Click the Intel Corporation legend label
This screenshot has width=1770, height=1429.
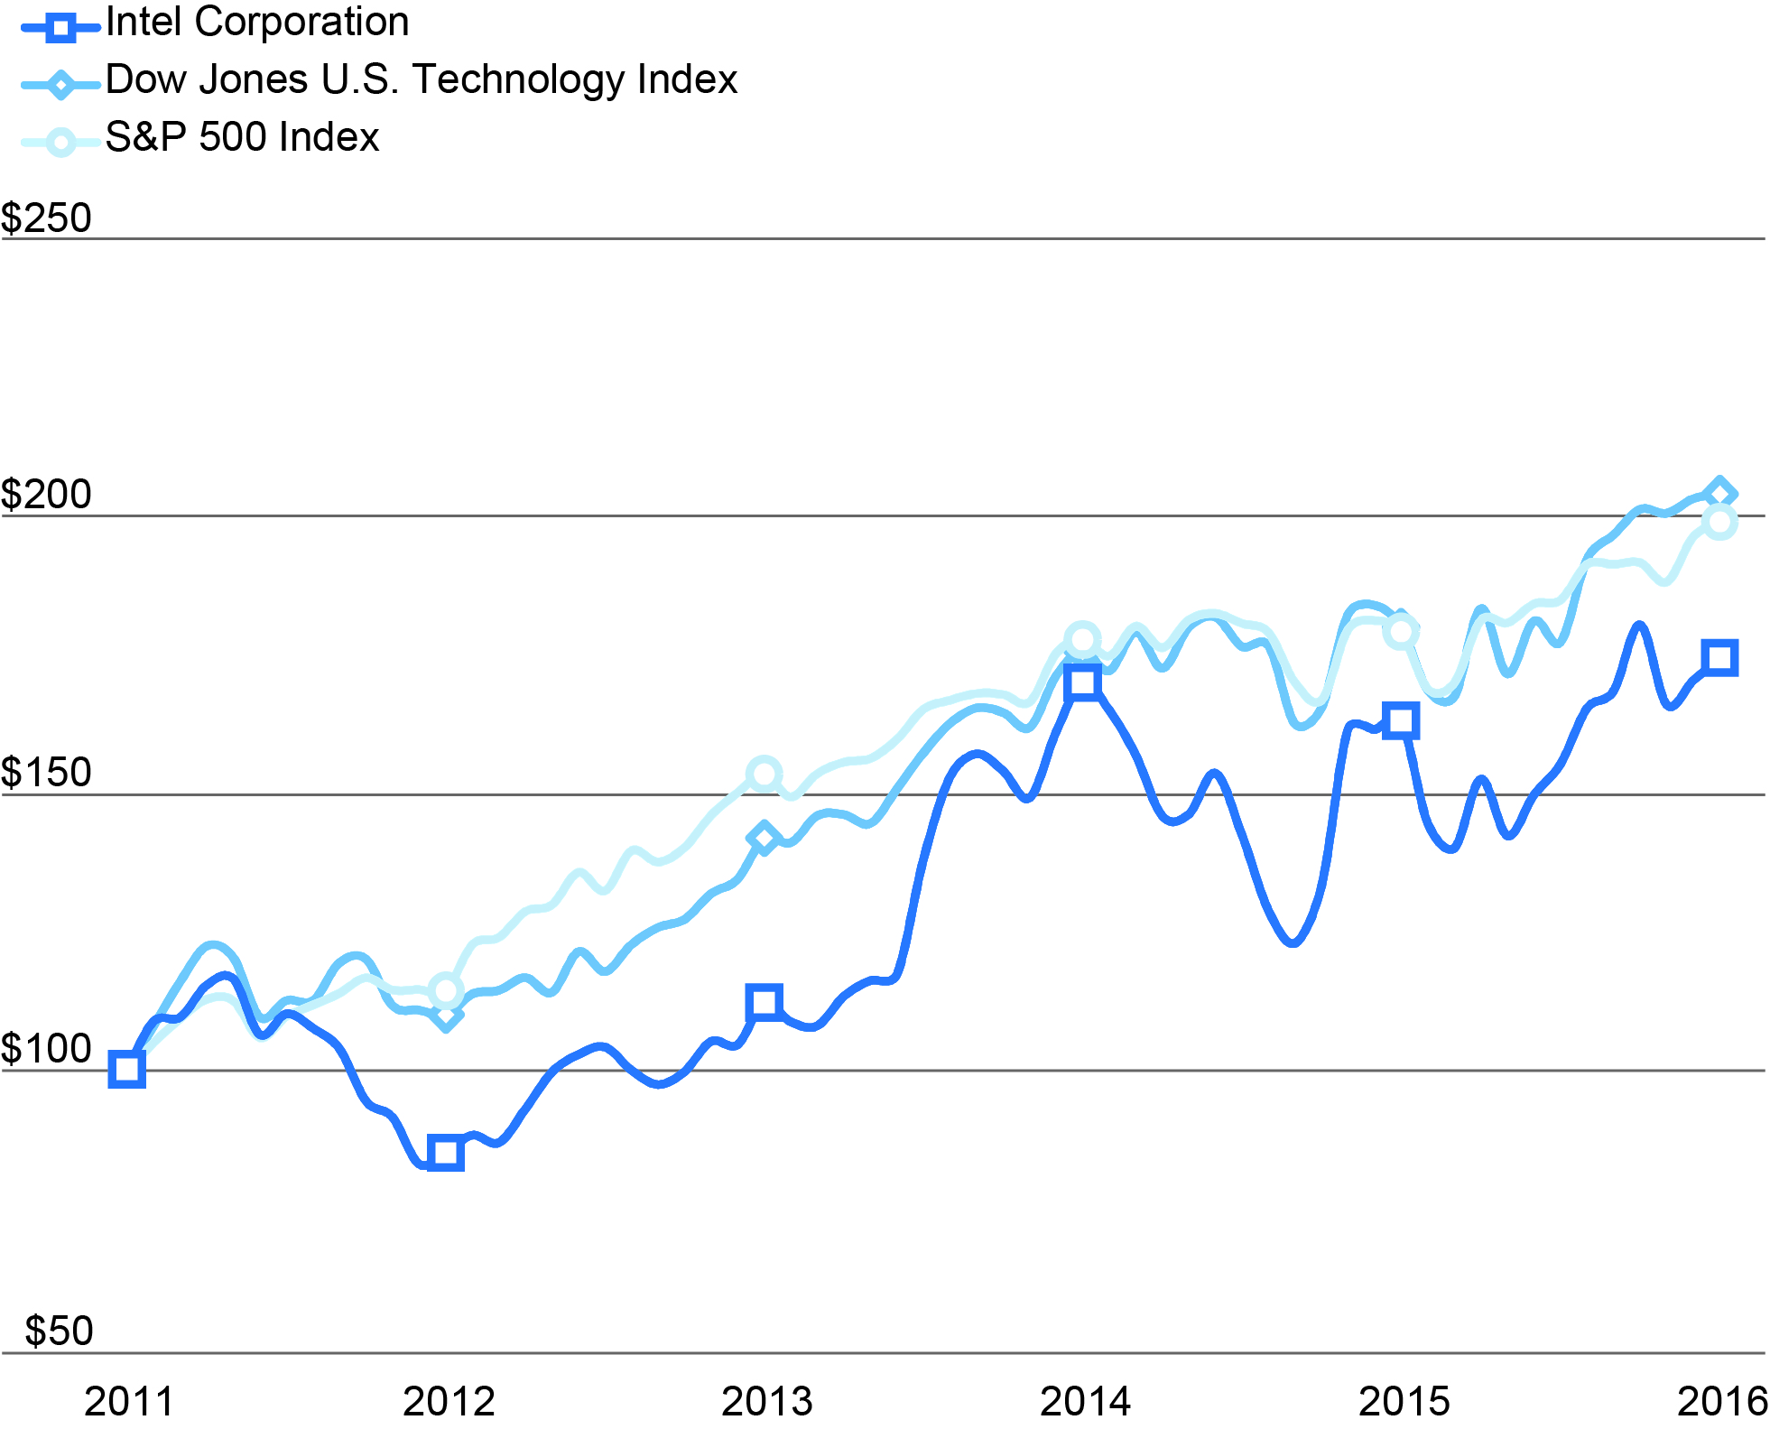[x=257, y=22]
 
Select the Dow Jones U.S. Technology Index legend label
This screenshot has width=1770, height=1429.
[x=421, y=79]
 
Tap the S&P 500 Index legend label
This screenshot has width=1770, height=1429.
[x=242, y=137]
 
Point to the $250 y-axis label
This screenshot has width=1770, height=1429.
[x=47, y=218]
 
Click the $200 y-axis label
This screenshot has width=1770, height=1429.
[x=47, y=495]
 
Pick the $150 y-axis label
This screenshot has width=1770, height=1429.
[x=47, y=773]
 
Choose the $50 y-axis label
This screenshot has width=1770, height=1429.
[x=59, y=1331]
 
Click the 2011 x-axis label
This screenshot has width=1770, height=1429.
[x=129, y=1401]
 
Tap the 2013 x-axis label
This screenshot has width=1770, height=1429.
[x=766, y=1401]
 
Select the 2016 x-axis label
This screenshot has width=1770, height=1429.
[x=1721, y=1401]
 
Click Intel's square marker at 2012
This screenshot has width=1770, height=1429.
[x=445, y=1153]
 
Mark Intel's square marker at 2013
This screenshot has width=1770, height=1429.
[x=764, y=1003]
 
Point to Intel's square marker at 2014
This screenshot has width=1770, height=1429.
[x=1082, y=682]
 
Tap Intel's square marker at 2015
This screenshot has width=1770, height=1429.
[x=1401, y=720]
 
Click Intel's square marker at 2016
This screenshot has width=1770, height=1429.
[x=1719, y=657]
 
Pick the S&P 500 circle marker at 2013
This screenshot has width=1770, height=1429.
[x=764, y=774]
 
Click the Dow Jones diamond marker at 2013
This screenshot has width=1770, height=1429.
[x=764, y=839]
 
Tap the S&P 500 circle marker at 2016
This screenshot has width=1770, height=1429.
[x=1719, y=522]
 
